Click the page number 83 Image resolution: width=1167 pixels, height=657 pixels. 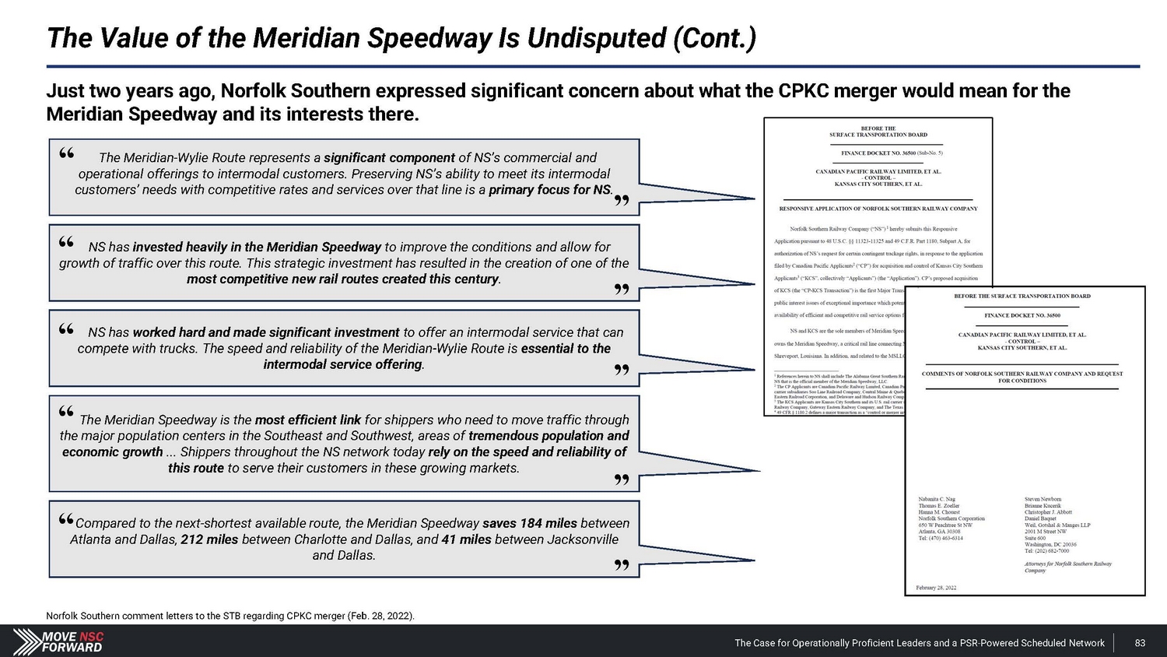(1140, 643)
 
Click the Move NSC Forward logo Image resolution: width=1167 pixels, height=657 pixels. (60, 641)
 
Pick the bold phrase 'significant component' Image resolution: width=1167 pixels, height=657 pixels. (389, 157)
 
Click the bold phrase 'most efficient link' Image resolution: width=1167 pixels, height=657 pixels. (308, 420)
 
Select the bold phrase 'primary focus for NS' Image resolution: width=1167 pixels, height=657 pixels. (550, 189)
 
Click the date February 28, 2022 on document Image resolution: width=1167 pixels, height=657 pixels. (936, 588)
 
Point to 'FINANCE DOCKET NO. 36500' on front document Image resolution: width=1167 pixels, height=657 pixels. (1022, 316)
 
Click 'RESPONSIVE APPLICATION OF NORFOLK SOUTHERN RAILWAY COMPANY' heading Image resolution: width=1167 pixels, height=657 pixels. (878, 209)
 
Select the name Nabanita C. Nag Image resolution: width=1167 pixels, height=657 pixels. (937, 499)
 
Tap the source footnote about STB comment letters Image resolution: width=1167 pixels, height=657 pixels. (230, 616)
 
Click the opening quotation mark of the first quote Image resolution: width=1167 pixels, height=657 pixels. (67, 154)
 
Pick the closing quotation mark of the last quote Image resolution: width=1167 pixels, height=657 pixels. (621, 565)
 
